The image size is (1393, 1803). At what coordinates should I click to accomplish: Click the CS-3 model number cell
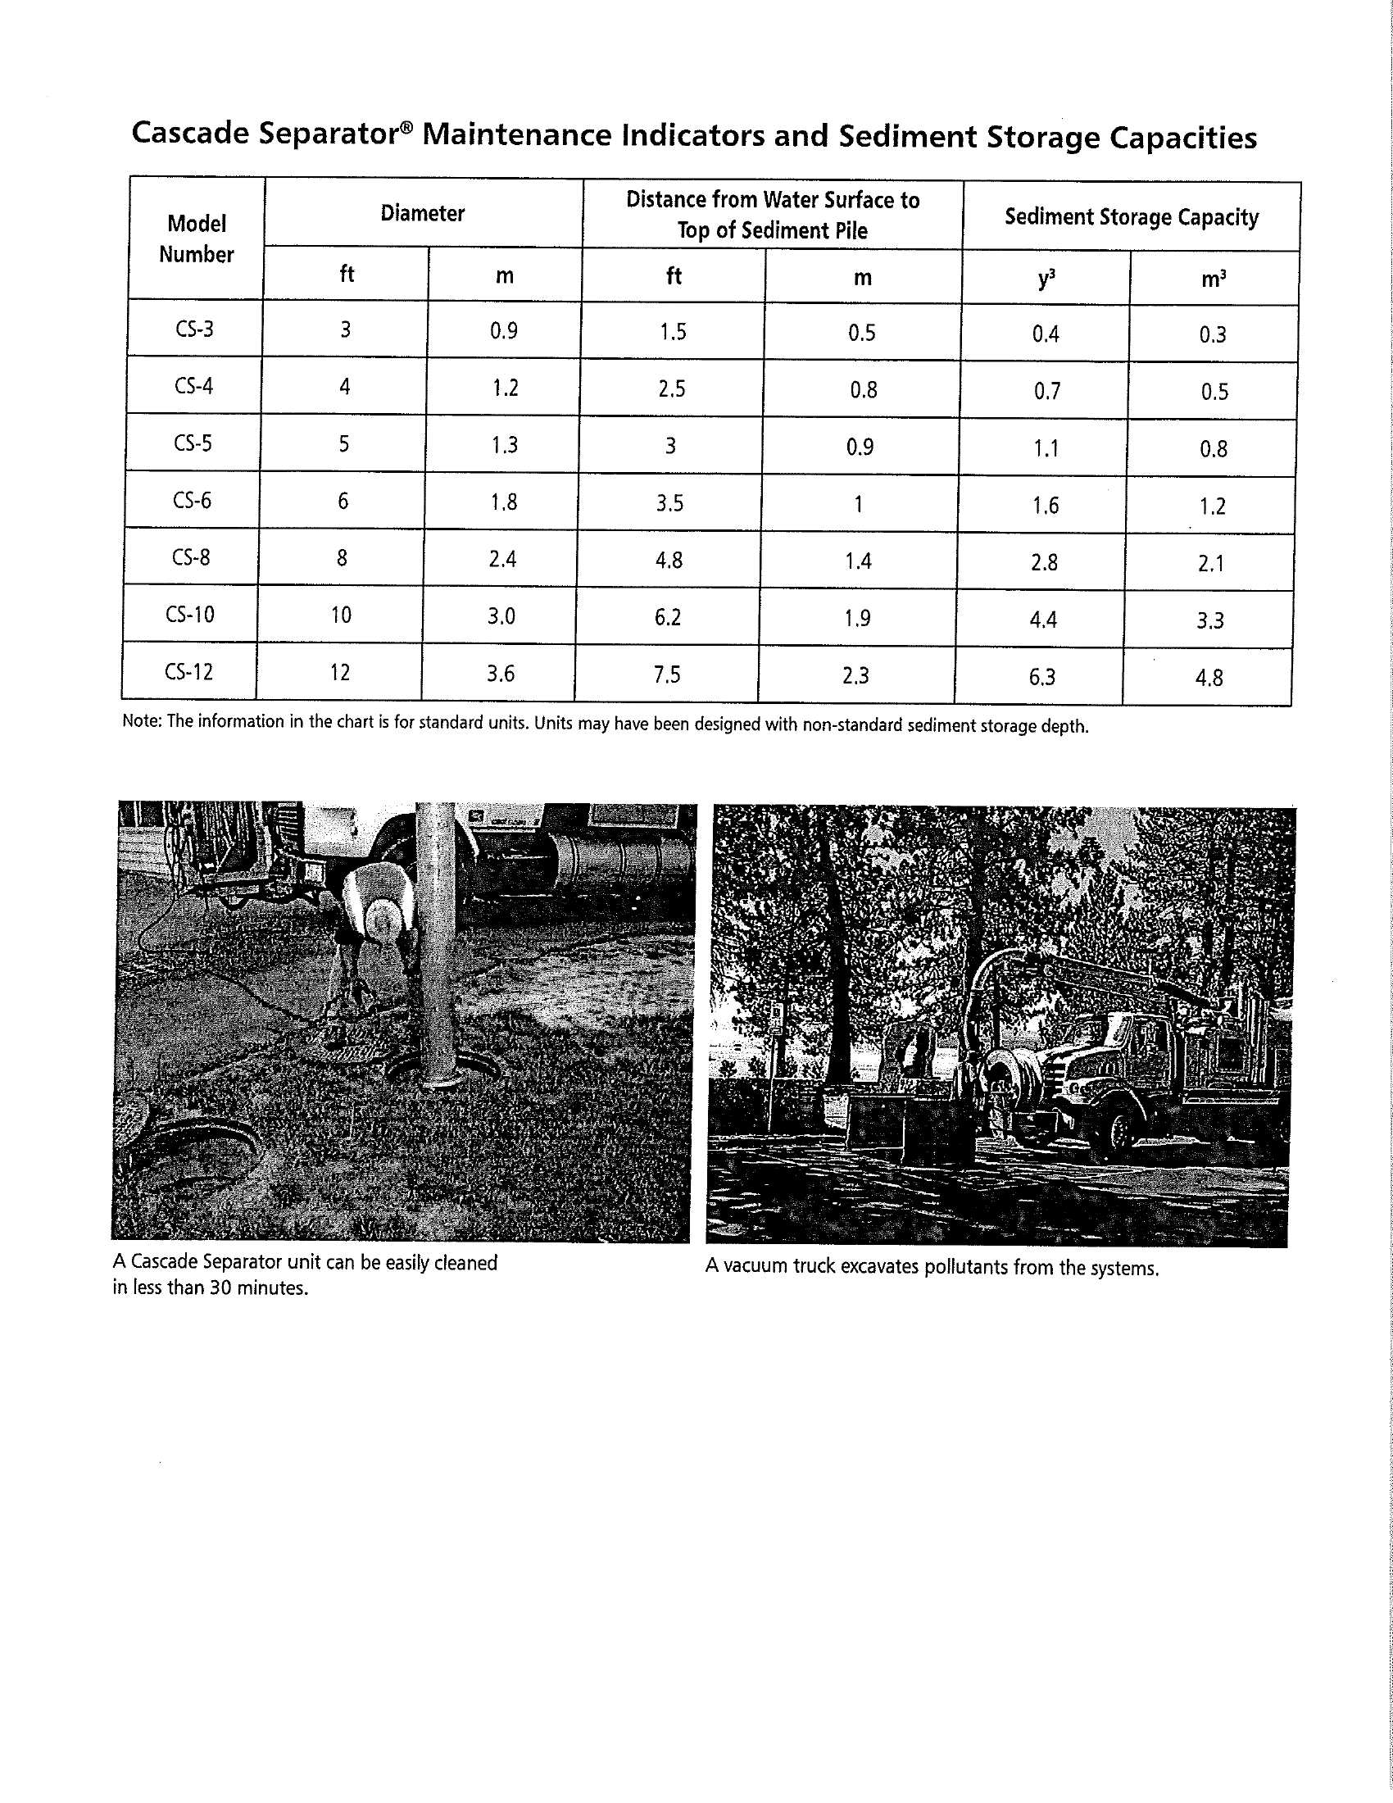coord(194,329)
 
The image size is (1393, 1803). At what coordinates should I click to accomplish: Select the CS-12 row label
coord(189,672)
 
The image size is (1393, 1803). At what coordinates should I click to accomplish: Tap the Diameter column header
coord(423,213)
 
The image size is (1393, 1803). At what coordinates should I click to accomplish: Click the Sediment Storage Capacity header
coord(1132,217)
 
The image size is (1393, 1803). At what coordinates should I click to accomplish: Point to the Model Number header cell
coord(197,238)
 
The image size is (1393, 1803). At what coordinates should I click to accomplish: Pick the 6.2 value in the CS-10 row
coord(668,616)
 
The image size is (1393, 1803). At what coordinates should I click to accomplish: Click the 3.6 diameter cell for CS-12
coord(500,674)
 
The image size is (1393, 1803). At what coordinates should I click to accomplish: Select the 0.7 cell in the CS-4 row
coord(1046,390)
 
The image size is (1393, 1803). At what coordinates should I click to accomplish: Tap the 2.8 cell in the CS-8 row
coord(1044,563)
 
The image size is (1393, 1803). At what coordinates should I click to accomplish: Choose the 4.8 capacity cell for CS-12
coord(1209,678)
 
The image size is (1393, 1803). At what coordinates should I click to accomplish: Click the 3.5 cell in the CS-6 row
coord(669,502)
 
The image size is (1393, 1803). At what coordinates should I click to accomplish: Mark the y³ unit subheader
coord(1046,279)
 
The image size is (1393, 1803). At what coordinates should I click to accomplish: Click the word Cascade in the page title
coord(191,134)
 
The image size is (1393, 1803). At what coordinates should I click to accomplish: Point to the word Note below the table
coord(140,720)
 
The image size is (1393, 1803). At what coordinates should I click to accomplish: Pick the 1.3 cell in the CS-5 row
coord(504,445)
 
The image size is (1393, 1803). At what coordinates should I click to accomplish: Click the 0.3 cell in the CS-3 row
coord(1212,334)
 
